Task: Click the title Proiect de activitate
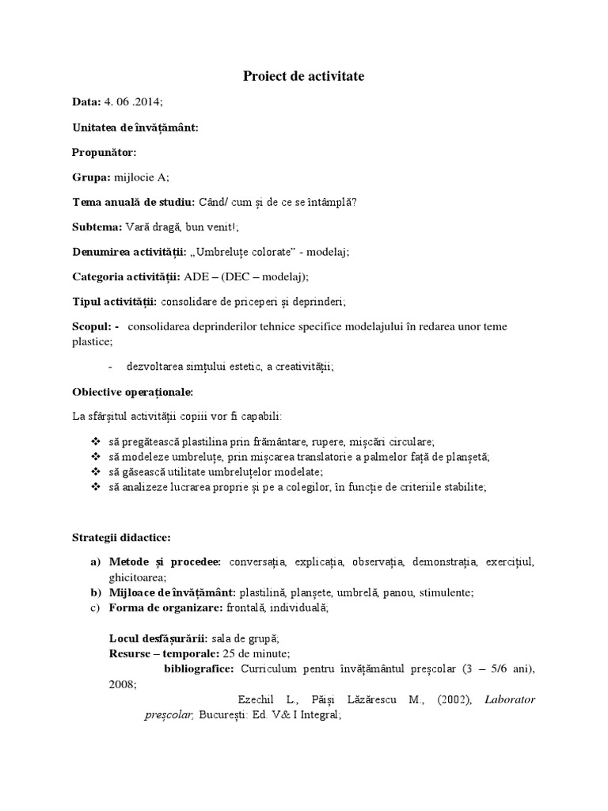(x=303, y=76)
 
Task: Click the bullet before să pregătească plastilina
(x=96, y=442)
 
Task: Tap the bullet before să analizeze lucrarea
(x=96, y=488)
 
